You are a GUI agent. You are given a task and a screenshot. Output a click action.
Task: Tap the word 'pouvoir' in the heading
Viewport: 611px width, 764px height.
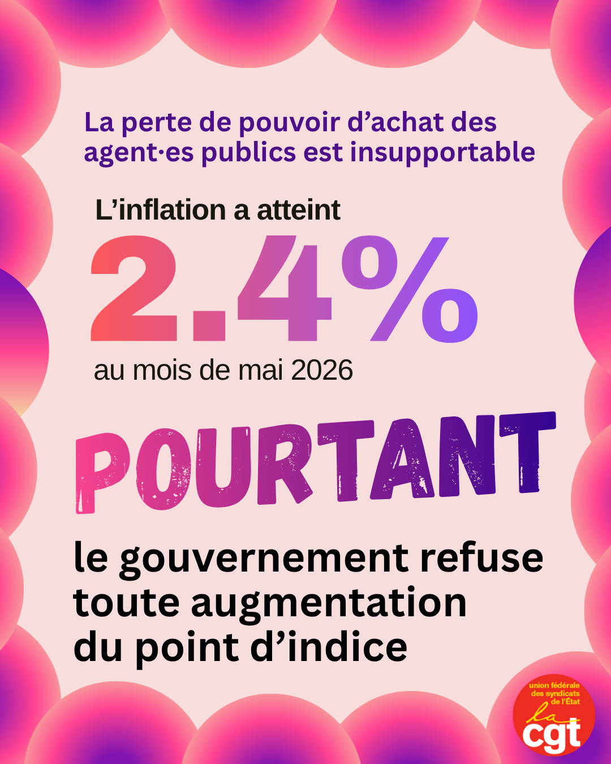click(x=289, y=123)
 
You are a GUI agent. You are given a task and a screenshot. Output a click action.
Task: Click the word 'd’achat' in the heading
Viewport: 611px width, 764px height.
click(x=394, y=122)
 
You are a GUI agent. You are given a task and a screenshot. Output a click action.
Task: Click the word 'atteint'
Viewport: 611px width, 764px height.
click(x=299, y=210)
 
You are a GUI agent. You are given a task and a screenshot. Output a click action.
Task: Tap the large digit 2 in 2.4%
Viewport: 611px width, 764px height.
click(x=134, y=288)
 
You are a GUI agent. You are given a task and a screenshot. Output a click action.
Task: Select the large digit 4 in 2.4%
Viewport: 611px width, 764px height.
click(x=285, y=288)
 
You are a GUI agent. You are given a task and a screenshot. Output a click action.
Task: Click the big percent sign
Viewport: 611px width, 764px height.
click(x=410, y=289)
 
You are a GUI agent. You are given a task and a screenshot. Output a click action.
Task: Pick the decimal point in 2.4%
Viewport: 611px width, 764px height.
click(x=209, y=326)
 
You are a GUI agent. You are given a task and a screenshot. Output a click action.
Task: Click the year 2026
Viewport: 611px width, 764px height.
click(x=322, y=370)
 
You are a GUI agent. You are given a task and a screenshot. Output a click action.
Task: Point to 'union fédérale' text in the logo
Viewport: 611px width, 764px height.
click(x=554, y=685)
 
